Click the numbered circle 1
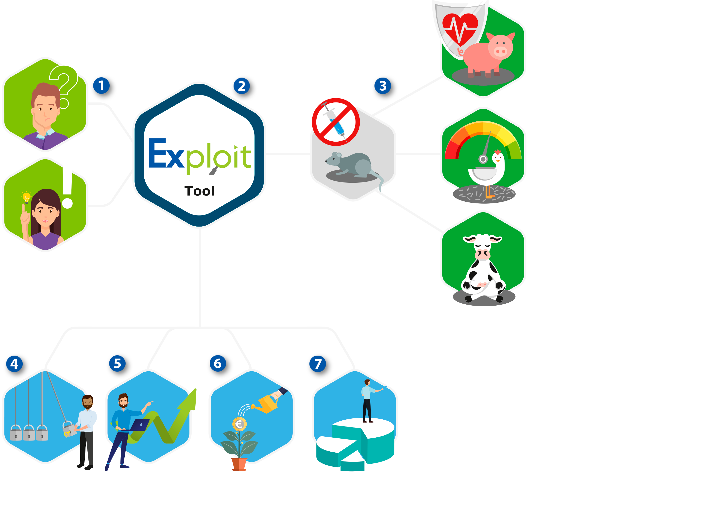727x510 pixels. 101,85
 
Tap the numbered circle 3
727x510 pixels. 383,85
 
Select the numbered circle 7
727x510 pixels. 318,364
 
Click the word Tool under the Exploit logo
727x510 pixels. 200,191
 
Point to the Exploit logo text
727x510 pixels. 200,155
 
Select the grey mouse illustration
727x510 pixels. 352,165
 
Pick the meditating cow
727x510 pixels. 483,269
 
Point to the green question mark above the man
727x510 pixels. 65,84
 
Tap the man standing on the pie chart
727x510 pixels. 367,400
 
